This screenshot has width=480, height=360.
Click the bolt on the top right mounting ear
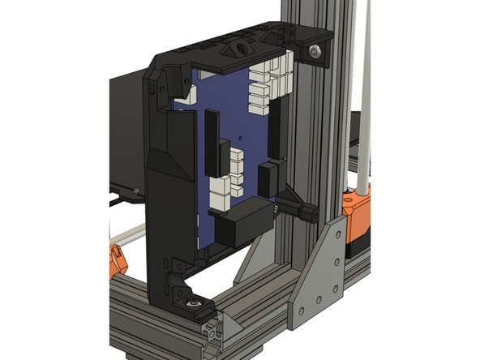click(315, 52)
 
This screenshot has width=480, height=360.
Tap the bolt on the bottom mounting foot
click(195, 303)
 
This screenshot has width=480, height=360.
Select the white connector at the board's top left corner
click(188, 94)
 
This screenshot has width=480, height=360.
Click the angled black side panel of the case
click(166, 162)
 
